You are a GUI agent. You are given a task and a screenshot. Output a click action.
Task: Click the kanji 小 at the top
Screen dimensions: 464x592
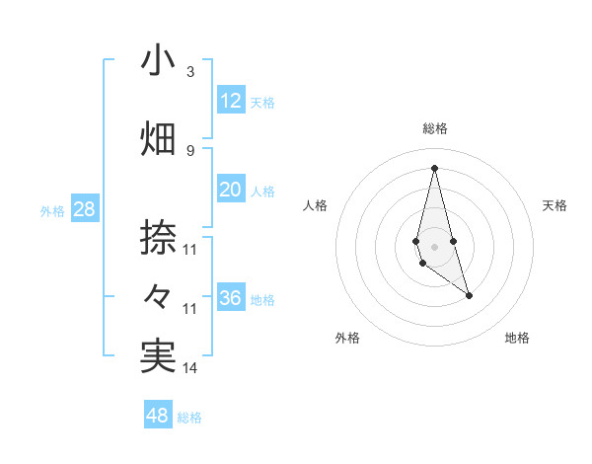click(x=158, y=61)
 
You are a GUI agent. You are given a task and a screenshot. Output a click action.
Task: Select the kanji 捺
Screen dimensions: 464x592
click(x=158, y=238)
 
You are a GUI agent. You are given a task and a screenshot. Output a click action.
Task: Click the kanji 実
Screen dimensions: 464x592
click(x=158, y=357)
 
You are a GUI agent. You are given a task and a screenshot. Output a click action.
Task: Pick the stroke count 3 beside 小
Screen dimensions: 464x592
click(x=190, y=72)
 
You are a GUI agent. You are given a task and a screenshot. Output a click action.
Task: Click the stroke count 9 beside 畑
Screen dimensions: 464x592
click(x=190, y=150)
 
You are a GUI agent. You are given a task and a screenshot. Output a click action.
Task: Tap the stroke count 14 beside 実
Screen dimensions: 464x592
click(x=190, y=368)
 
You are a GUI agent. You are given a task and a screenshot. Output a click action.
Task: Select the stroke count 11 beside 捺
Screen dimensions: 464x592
click(x=190, y=249)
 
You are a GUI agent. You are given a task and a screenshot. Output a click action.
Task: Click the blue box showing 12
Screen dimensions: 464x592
click(x=231, y=101)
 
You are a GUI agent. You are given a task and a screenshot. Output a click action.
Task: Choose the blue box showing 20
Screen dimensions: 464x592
click(x=231, y=191)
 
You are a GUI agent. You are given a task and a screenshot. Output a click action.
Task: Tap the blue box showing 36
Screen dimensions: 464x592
click(x=231, y=298)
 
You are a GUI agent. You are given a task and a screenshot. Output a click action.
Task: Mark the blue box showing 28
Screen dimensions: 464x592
click(x=84, y=209)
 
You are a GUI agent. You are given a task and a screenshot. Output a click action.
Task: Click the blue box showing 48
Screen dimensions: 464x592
click(x=157, y=416)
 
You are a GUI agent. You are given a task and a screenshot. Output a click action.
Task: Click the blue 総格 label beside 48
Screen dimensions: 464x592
click(x=190, y=418)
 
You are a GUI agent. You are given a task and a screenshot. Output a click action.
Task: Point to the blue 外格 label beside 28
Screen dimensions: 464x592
click(x=52, y=211)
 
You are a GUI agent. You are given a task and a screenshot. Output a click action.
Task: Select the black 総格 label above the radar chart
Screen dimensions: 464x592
click(x=434, y=128)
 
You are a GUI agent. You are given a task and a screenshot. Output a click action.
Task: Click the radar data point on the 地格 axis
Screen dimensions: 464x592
click(x=469, y=295)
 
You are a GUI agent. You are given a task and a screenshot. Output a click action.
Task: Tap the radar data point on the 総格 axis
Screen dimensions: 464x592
click(x=434, y=168)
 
